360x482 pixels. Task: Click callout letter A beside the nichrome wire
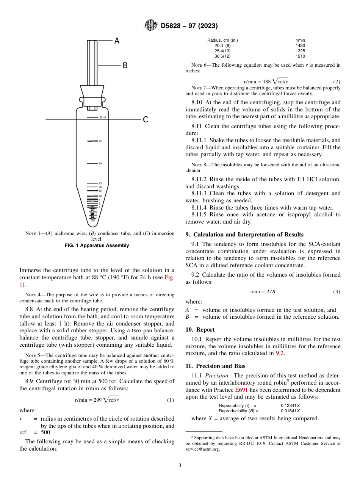click(x=117, y=41)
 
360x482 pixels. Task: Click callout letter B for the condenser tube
click(x=125, y=66)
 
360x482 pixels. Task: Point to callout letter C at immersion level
click(x=145, y=120)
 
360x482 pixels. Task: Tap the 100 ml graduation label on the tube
click(x=102, y=117)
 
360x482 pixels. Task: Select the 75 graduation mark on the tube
click(x=100, y=141)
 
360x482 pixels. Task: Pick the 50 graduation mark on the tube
click(x=100, y=164)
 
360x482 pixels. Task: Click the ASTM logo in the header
click(x=151, y=26)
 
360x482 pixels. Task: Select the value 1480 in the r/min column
click(x=300, y=45)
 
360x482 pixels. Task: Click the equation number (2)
click(x=337, y=82)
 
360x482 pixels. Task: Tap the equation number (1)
click(x=171, y=400)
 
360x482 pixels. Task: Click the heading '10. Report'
click(x=200, y=330)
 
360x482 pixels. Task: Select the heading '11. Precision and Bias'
click(x=215, y=366)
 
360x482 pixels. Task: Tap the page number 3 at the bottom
click(x=180, y=466)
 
